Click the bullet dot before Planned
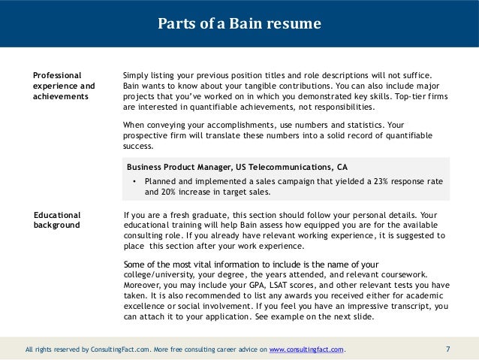click(x=133, y=182)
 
